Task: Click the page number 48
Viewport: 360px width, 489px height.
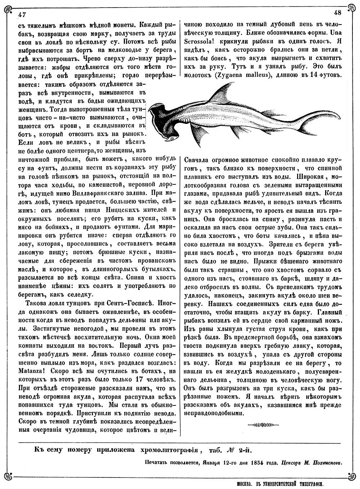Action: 337,13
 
